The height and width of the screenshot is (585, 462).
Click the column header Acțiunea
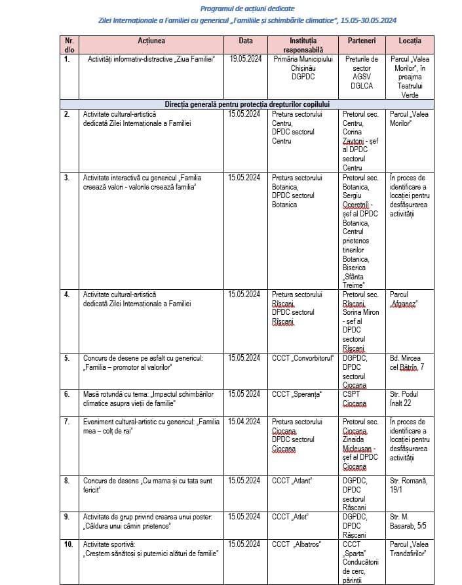point(151,41)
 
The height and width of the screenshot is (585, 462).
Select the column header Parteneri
point(361,41)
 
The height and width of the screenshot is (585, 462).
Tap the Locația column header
point(410,41)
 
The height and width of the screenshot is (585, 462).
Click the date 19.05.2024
point(246,59)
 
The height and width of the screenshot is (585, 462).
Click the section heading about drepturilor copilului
point(247,104)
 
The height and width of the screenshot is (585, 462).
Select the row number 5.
point(66,358)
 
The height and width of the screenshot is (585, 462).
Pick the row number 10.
point(68,544)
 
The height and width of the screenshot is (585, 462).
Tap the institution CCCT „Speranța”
point(296,393)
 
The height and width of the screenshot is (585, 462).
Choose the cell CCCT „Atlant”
point(292,481)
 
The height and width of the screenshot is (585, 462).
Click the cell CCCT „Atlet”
point(290,517)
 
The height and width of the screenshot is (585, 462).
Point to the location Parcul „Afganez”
point(404,299)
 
